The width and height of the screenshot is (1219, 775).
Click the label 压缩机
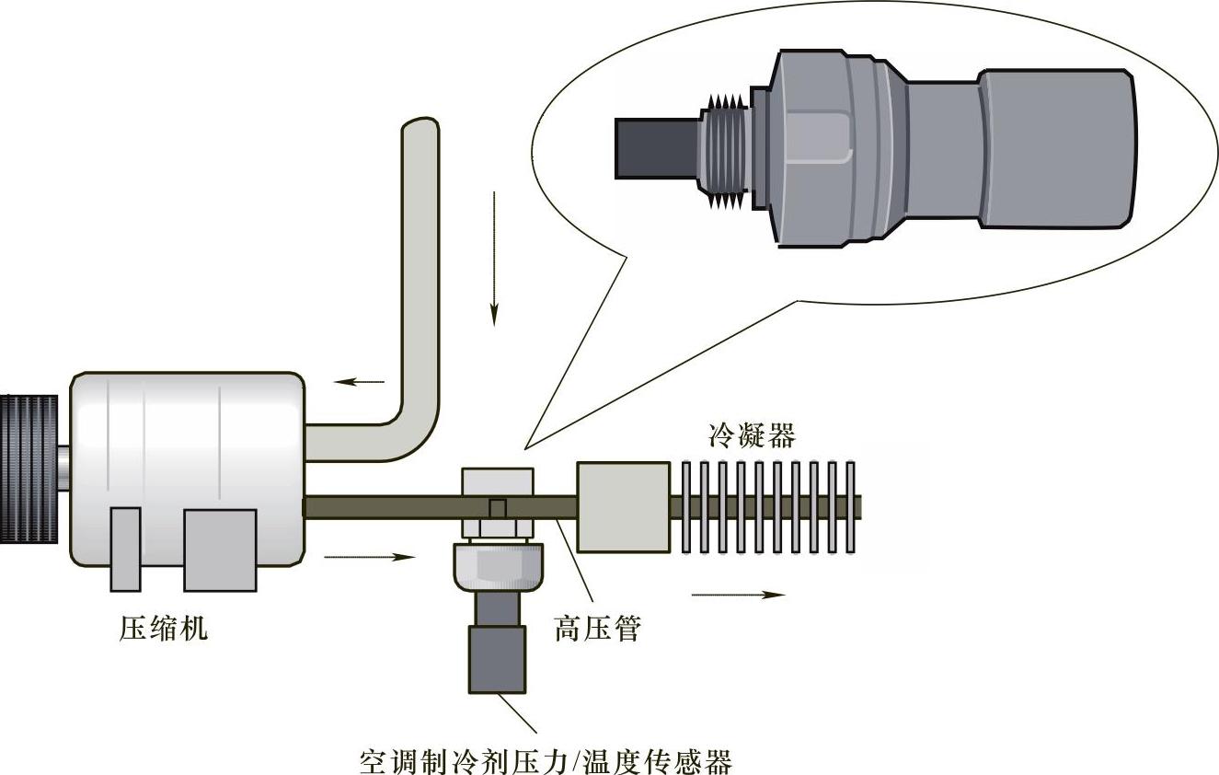click(163, 628)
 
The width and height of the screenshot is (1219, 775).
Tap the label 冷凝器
click(752, 434)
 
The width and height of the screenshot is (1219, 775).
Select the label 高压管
click(597, 628)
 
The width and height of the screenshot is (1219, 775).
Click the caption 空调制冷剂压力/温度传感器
click(546, 761)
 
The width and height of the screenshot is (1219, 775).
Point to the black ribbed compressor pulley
click(29, 468)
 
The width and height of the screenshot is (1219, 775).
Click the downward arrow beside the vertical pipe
click(494, 259)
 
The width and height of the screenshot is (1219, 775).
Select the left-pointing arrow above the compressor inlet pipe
click(359, 382)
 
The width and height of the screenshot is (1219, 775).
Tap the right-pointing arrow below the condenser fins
click(739, 595)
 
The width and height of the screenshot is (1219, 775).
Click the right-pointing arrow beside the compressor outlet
click(370, 557)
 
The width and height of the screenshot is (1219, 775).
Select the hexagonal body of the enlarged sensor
click(838, 149)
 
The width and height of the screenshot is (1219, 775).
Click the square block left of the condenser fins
click(623, 507)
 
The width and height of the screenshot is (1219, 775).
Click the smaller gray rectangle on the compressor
click(125, 549)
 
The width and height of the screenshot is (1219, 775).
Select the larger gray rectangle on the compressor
click(220, 550)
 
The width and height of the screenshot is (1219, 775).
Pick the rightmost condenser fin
click(851, 507)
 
